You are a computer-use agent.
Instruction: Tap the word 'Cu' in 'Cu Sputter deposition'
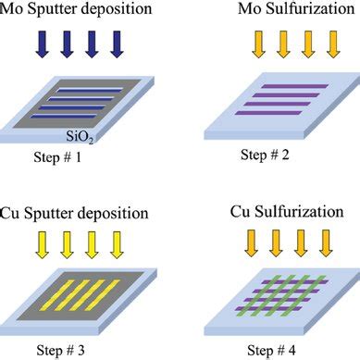pos(15,203)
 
